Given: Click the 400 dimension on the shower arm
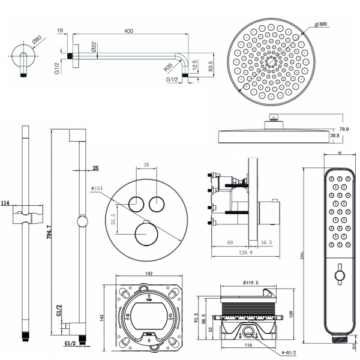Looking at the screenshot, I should point(128,30).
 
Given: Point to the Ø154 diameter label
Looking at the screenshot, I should point(98,188).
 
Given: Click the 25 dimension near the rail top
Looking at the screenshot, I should point(95,169).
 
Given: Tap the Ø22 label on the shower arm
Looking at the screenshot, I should point(95,48).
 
